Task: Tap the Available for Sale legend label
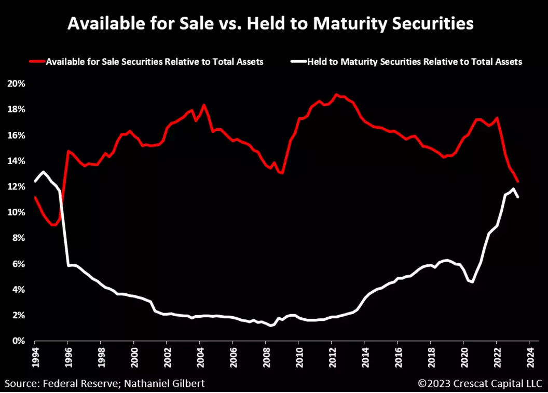155,62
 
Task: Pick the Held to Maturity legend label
414,62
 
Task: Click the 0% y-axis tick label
19,341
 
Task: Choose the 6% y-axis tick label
19,264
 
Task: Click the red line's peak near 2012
337,94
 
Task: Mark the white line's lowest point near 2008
270,326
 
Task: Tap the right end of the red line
517,181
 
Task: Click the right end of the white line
517,197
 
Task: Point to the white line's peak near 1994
44,172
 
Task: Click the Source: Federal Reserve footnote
106,384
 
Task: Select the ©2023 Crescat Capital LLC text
479,384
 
